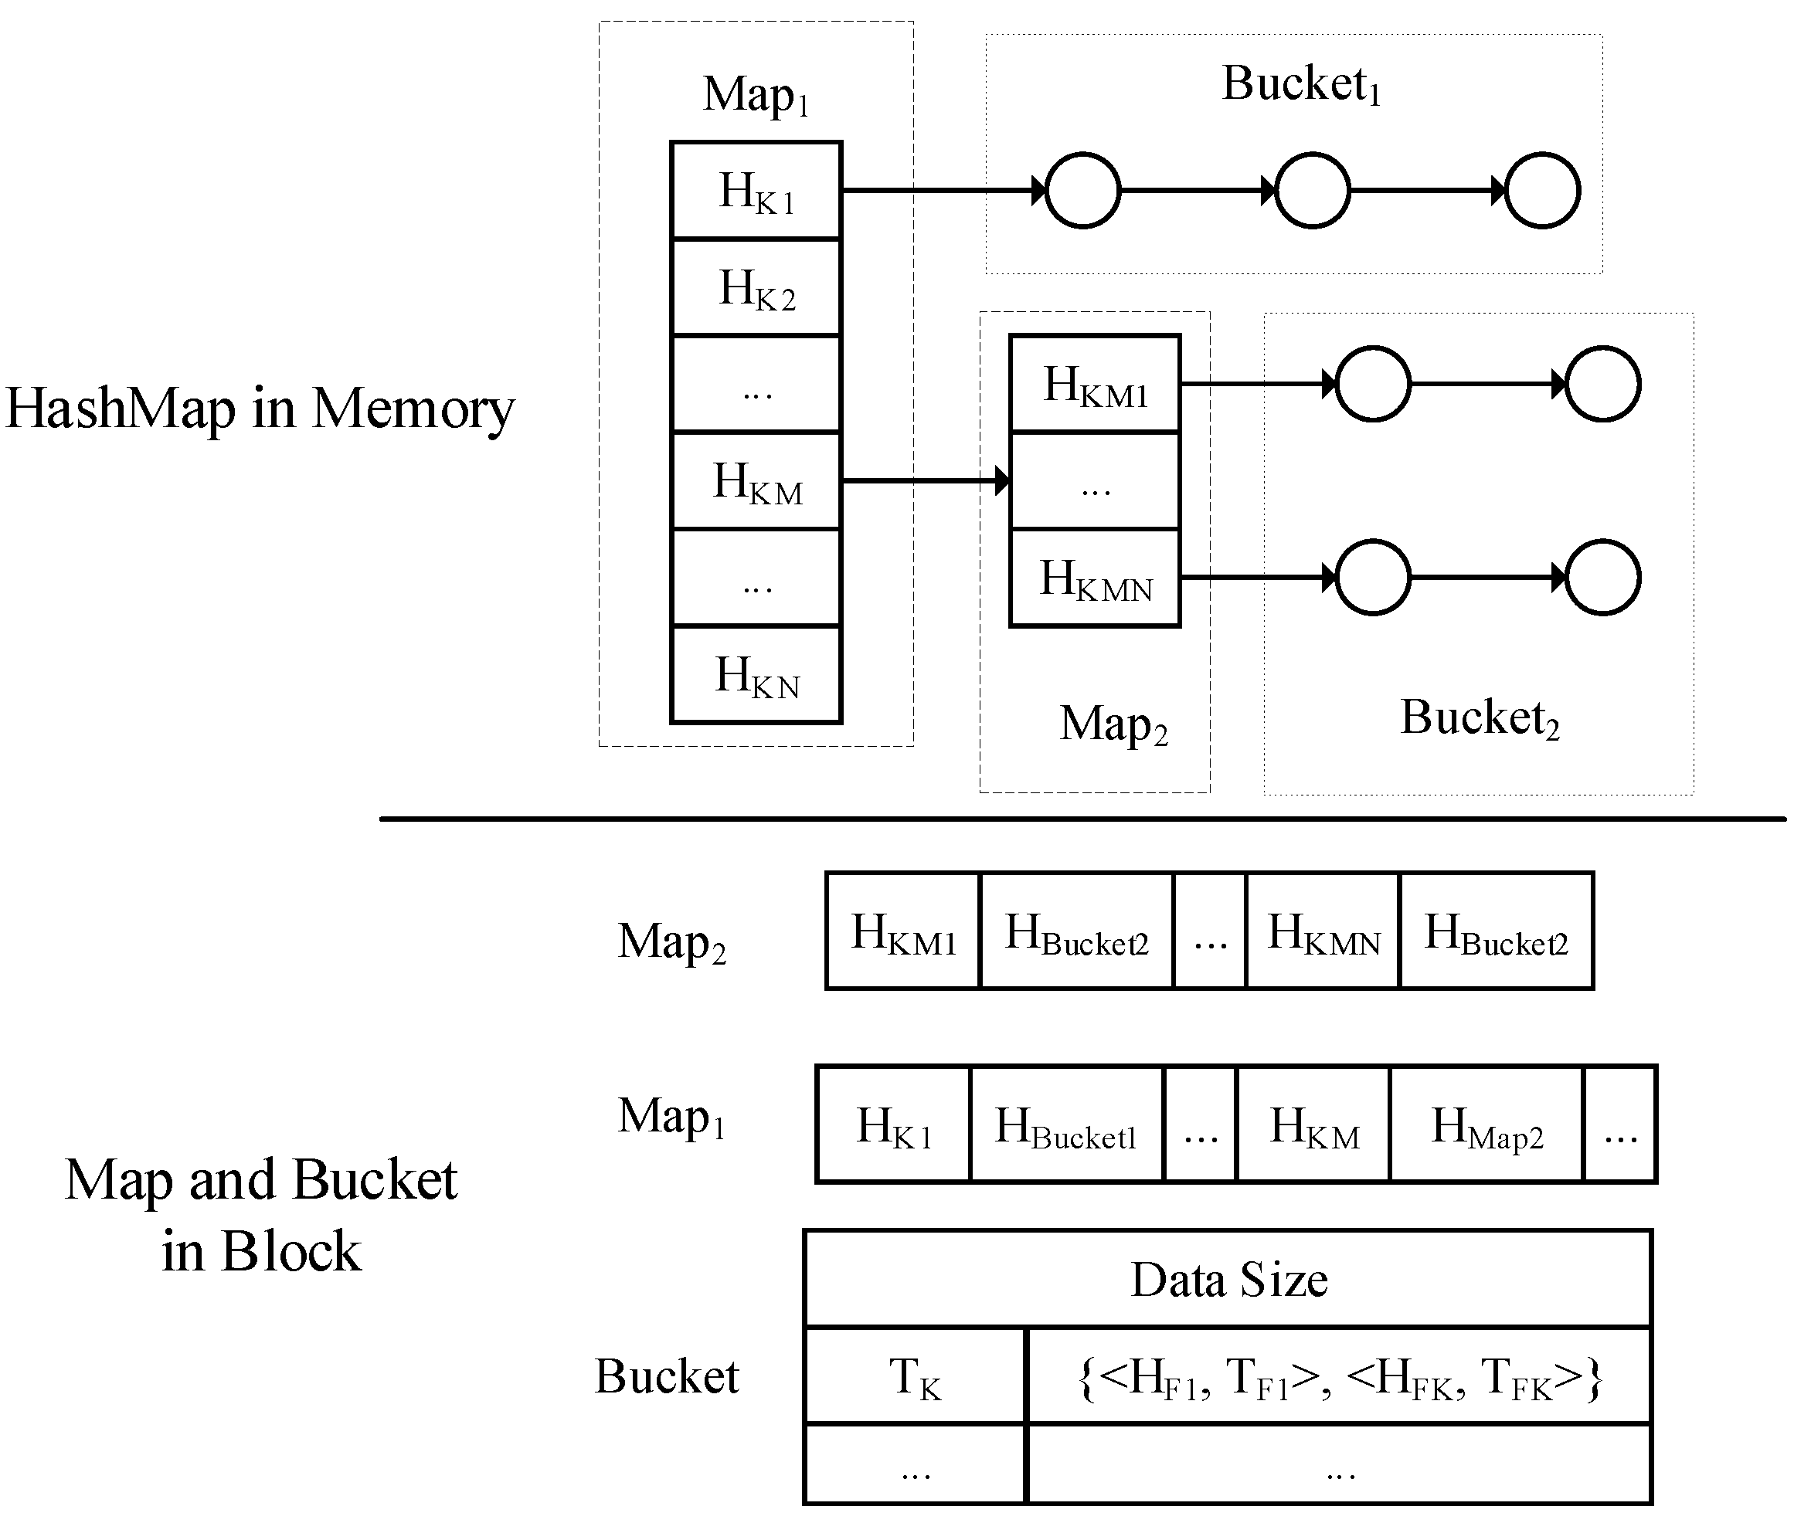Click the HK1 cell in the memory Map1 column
coord(756,190)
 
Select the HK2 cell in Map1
coord(756,287)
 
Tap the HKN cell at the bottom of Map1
coord(756,675)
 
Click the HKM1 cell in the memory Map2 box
coord(1095,384)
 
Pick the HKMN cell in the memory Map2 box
coord(1095,578)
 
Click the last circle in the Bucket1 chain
coord(1542,190)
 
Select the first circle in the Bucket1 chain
coord(1082,190)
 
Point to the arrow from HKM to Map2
coord(926,480)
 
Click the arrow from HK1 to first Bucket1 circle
coord(943,190)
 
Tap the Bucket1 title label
coord(1300,85)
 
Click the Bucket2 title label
coord(1480,718)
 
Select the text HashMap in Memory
coord(260,409)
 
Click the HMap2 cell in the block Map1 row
coord(1487,1125)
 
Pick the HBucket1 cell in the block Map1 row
coord(1066,1125)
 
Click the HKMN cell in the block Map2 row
coord(1323,931)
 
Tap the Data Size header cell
coord(1228,1280)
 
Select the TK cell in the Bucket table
coord(915,1377)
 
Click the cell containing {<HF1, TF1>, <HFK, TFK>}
coord(1340,1377)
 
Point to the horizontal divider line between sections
coord(1082,819)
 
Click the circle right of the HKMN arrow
coord(1373,578)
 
